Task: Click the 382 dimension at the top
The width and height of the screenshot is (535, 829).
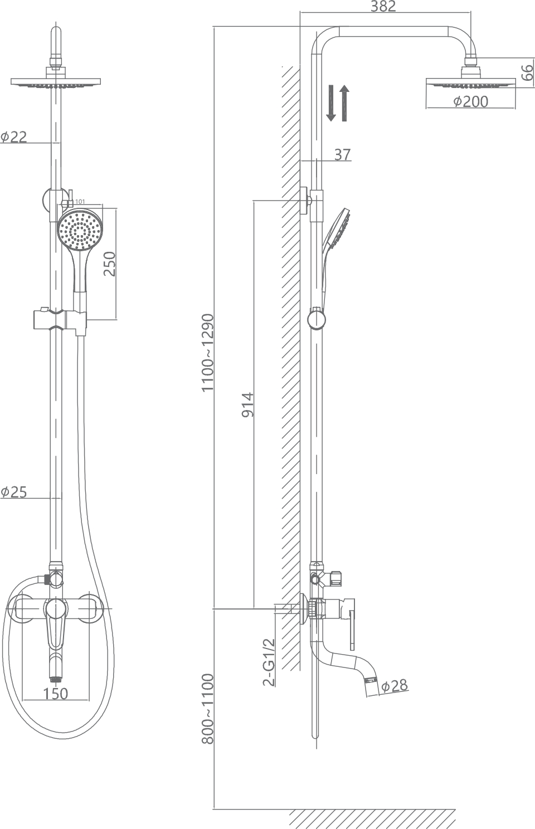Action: pyautogui.click(x=383, y=7)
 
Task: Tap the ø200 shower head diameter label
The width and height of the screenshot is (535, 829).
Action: pyautogui.click(x=470, y=101)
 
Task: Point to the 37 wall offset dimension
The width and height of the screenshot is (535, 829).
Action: pyautogui.click(x=343, y=154)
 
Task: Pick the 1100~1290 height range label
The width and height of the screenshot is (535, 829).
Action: pyautogui.click(x=207, y=352)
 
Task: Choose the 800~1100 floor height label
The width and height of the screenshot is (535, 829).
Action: pyautogui.click(x=207, y=709)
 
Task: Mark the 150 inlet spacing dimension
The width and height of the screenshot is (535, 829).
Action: pyautogui.click(x=55, y=693)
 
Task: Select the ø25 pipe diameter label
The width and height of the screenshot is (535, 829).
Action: pyautogui.click(x=14, y=491)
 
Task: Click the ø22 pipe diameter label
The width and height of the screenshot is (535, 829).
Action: pyautogui.click(x=14, y=136)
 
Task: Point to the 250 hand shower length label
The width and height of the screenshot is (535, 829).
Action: pyautogui.click(x=109, y=264)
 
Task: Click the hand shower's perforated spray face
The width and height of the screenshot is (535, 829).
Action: pyautogui.click(x=80, y=230)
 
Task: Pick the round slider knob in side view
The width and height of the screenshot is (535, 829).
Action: pyautogui.click(x=316, y=320)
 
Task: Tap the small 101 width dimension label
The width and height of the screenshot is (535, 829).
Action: pyautogui.click(x=79, y=202)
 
